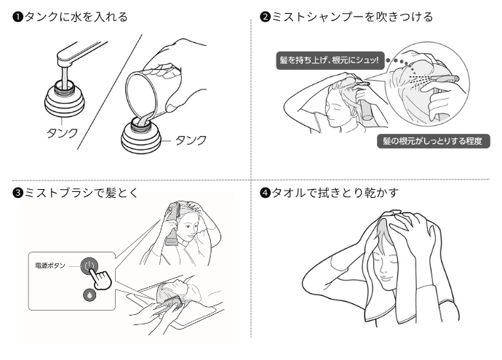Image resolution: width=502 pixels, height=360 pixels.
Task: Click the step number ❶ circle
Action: click(17, 17)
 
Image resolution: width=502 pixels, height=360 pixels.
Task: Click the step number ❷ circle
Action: click(265, 17)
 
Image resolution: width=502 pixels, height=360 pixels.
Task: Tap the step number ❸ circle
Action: click(17, 193)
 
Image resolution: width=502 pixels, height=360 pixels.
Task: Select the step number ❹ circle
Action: click(265, 193)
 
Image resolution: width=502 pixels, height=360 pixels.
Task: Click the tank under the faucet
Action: click(65, 99)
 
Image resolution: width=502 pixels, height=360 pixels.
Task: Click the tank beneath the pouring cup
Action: click(141, 137)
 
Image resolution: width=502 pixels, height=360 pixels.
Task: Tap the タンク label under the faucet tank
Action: click(62, 133)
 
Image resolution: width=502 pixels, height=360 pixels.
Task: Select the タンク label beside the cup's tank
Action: click(191, 140)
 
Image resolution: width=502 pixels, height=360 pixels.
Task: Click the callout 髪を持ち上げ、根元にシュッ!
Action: click(330, 60)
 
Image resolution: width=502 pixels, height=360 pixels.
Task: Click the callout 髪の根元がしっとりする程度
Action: click(433, 141)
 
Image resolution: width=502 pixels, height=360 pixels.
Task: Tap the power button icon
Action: click(89, 266)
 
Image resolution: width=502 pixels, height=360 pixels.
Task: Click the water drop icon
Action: click(89, 295)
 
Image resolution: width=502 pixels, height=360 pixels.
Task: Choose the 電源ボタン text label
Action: click(50, 265)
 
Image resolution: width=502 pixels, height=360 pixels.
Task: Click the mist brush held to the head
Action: click(172, 224)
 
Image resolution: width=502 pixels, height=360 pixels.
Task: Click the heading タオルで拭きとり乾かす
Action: click(335, 193)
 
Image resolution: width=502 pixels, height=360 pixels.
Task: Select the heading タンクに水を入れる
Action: click(76, 17)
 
